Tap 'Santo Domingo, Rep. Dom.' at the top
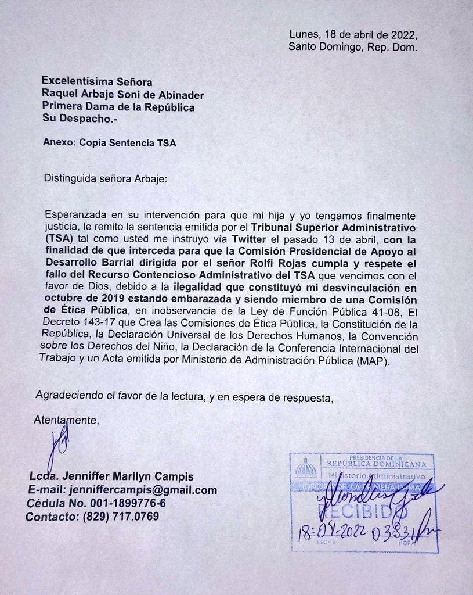(x=352, y=47)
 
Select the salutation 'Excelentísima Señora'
(x=96, y=83)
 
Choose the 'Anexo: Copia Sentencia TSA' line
(x=110, y=142)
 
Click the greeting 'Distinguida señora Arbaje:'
(x=105, y=178)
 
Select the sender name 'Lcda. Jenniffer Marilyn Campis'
(x=111, y=476)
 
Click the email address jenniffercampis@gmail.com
(x=142, y=490)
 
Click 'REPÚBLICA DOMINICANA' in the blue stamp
(x=380, y=464)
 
